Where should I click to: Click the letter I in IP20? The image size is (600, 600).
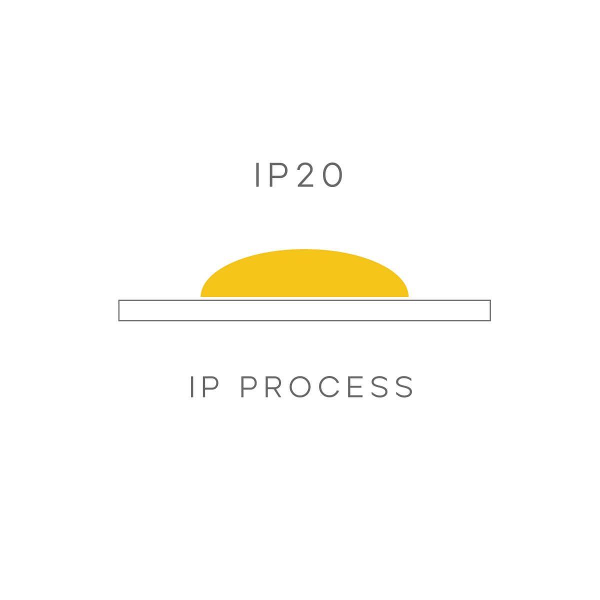click(x=257, y=174)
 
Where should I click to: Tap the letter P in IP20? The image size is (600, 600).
click(x=278, y=174)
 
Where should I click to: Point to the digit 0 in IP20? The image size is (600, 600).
click(x=332, y=174)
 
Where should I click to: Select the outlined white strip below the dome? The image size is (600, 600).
click(x=304, y=310)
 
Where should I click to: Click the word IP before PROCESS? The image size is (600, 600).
click(x=204, y=386)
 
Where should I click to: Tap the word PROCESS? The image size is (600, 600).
click(x=327, y=386)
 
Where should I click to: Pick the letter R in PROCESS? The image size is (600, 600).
click(x=273, y=386)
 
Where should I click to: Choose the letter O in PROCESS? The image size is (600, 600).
click(x=300, y=386)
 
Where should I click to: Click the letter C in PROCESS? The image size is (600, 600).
click(x=329, y=386)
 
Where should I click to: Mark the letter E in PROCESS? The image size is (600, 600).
click(x=355, y=386)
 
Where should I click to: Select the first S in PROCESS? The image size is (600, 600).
click(x=379, y=386)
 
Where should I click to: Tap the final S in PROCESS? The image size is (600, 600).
click(x=404, y=386)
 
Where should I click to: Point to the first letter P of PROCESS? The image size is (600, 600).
click(x=249, y=386)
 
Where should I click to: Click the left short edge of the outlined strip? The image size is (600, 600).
click(x=119, y=310)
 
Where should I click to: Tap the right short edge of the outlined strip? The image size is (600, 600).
click(x=490, y=310)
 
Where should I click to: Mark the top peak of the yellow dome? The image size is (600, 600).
click(x=304, y=249)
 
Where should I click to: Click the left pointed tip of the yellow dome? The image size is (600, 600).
click(x=201, y=296)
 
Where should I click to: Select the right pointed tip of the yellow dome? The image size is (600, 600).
click(x=408, y=296)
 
